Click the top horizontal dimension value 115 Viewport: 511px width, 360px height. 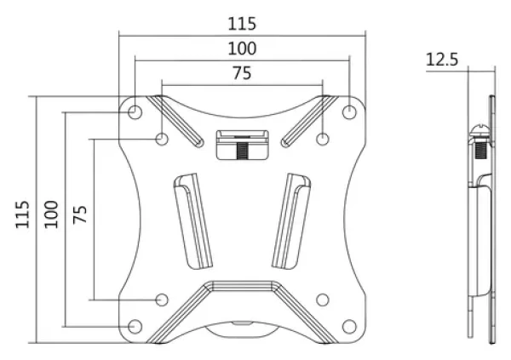242,24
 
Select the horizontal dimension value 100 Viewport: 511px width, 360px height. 242,49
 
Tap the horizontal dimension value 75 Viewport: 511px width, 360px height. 242,73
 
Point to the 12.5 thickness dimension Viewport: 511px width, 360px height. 442,60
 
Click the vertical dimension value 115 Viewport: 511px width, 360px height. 22,214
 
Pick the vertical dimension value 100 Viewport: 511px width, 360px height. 51,214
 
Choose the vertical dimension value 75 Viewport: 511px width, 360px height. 80,214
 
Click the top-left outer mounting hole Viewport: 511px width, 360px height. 135,112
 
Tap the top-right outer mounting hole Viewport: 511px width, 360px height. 349,112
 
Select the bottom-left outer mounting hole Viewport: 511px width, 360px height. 135,327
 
